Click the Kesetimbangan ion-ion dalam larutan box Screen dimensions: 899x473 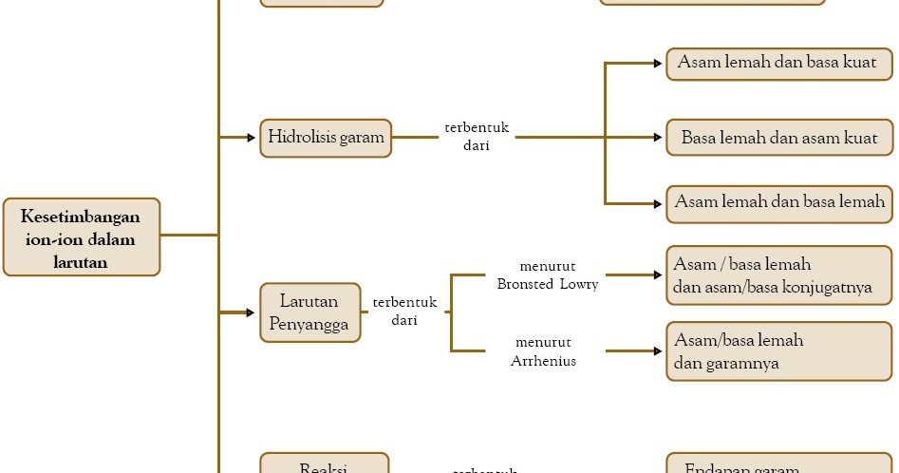tap(82, 237)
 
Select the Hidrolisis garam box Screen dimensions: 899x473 tap(326, 138)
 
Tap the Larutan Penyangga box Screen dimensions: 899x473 tap(309, 312)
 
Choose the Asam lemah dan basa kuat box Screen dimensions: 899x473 tap(779, 64)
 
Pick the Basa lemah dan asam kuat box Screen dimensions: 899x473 tap(779, 138)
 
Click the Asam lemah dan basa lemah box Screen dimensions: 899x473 tap(779, 202)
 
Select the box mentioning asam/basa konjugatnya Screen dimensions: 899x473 tap(779, 276)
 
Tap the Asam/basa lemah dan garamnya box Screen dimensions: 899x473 tap(779, 350)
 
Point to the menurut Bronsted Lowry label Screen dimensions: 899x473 tap(548, 274)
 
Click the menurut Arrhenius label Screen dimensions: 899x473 tap(543, 351)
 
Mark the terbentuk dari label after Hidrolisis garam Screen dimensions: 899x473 tap(477, 137)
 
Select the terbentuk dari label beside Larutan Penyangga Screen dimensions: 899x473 tap(404, 312)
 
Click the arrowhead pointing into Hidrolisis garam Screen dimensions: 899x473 tap(252, 138)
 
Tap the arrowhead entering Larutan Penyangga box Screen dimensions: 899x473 tap(252, 312)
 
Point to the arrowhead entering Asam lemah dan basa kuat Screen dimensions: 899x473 tap(659, 64)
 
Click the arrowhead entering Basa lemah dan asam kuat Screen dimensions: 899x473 tap(659, 138)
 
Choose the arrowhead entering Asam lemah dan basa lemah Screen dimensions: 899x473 tap(659, 203)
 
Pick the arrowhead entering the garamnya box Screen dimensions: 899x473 tap(659, 351)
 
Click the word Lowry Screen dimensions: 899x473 tap(579, 284)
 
